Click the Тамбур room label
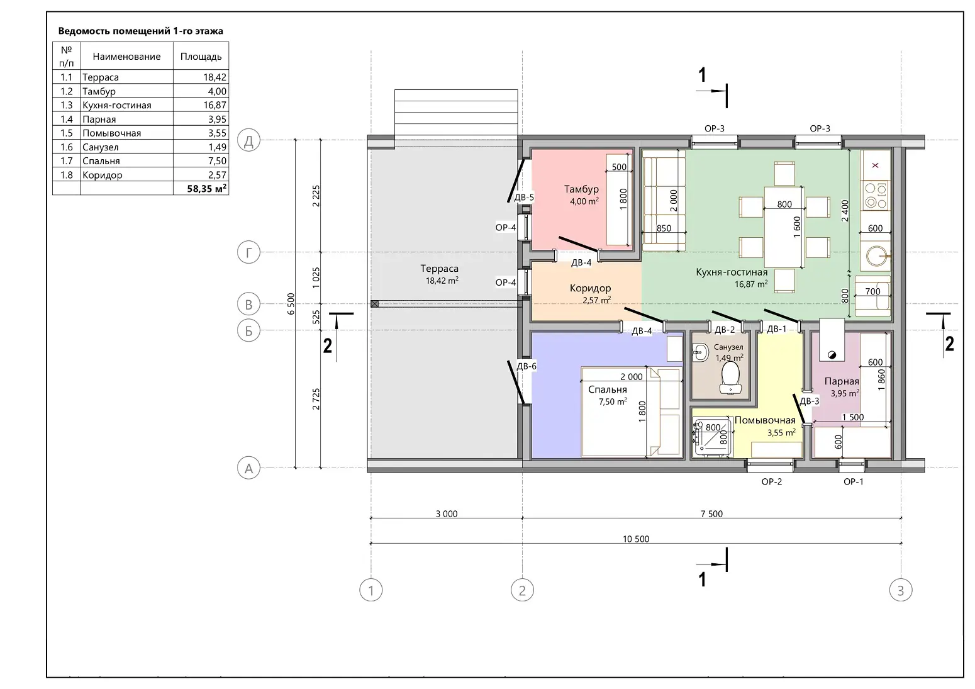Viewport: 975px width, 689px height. click(x=581, y=189)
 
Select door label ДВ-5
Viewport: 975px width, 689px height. click(x=524, y=198)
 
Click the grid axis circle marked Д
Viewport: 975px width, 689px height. click(x=248, y=140)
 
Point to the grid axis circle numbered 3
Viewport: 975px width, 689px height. click(x=901, y=590)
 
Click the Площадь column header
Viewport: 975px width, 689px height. click(x=201, y=56)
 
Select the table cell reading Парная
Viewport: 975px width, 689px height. click(x=99, y=120)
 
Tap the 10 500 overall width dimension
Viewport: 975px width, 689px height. click(x=635, y=539)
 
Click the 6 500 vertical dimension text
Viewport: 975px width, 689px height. click(x=291, y=303)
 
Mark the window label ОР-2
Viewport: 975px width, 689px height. click(x=772, y=482)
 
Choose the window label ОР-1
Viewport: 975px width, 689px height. click(x=853, y=482)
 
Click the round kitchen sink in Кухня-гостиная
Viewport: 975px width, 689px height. click(x=876, y=255)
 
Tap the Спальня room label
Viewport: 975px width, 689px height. click(x=608, y=389)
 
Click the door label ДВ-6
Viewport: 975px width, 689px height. click(x=526, y=366)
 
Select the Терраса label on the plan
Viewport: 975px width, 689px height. click(x=439, y=268)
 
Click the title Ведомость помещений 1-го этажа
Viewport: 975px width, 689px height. click(x=141, y=31)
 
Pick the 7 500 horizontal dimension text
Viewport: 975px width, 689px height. click(x=711, y=513)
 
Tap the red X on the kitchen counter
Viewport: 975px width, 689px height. click(x=876, y=165)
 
